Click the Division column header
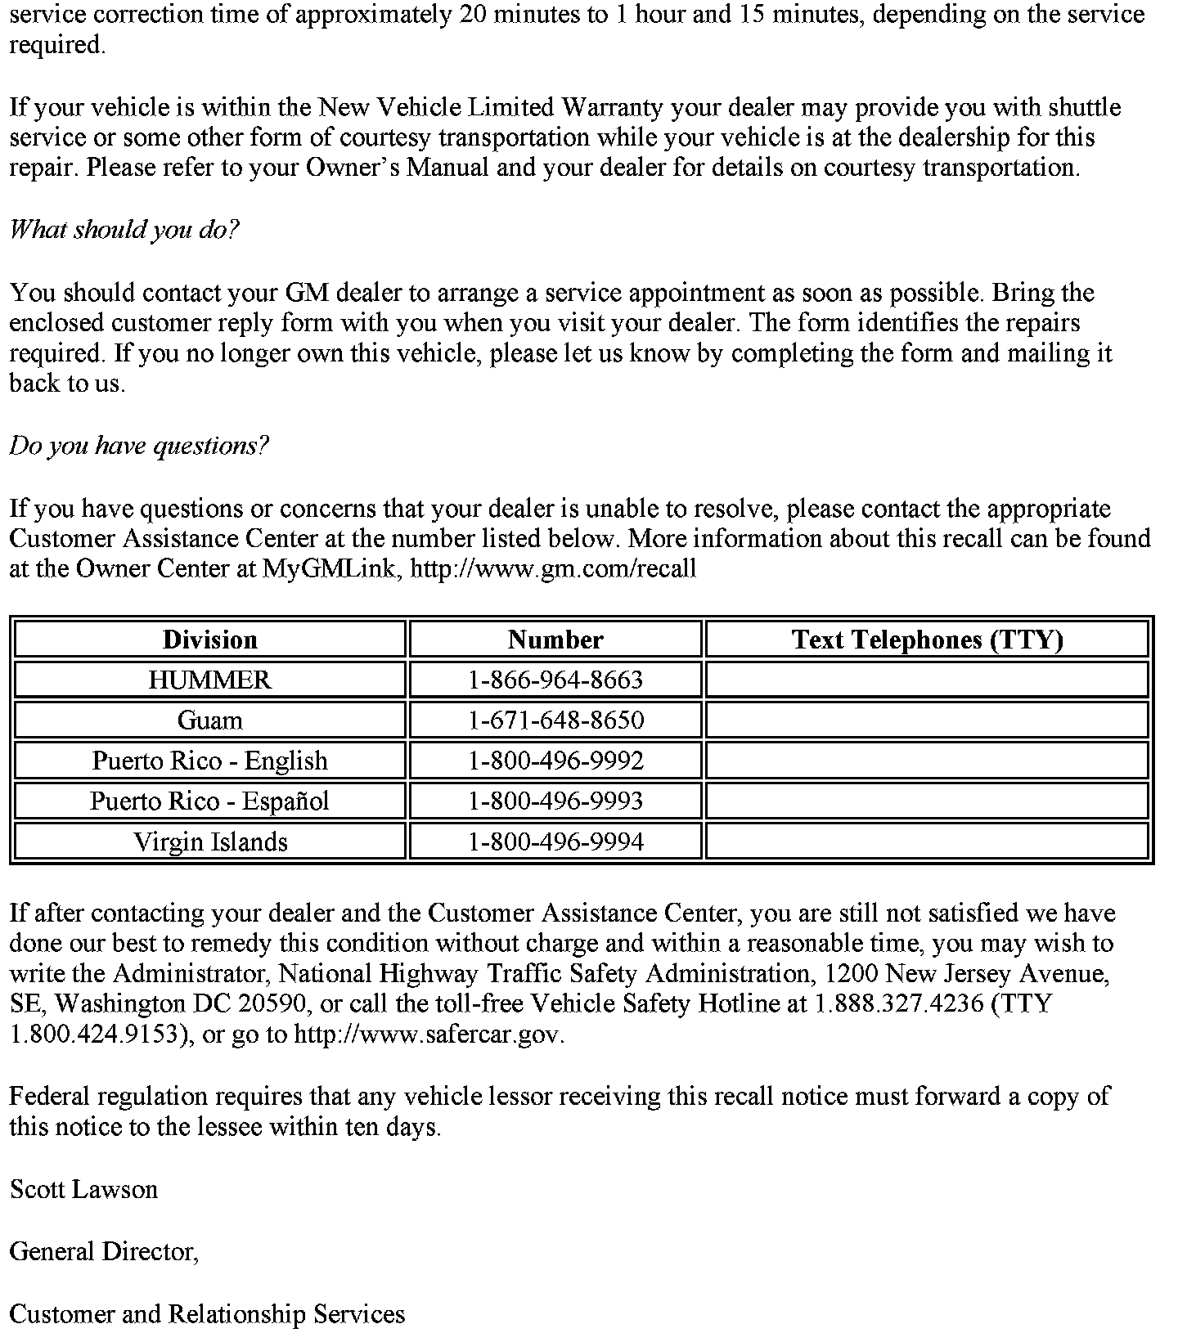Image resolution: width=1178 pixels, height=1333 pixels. point(210,640)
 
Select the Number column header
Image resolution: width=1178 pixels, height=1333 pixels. point(555,640)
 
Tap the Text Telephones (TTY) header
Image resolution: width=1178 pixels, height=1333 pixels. point(927,640)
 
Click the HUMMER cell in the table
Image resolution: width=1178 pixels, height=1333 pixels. point(210,680)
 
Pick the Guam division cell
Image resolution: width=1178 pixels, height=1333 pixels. point(210,720)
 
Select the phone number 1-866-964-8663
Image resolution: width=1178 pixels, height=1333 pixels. point(555,680)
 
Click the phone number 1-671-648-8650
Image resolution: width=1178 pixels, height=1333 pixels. point(555,720)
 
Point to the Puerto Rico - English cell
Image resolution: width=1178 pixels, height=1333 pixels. point(210,761)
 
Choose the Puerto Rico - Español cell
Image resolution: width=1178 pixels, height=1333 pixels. point(210,801)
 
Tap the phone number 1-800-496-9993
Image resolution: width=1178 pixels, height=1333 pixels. point(555,801)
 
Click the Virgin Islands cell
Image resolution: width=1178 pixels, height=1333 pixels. point(210,842)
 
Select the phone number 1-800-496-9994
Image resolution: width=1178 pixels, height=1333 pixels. point(555,842)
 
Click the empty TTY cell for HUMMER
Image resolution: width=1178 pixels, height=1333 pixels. point(927,680)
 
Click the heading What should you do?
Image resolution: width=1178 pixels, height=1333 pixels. point(124,230)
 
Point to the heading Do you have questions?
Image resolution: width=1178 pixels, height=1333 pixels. point(138,446)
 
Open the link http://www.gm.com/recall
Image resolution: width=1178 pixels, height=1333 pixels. point(553,569)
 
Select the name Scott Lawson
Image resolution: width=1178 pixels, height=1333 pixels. point(83,1189)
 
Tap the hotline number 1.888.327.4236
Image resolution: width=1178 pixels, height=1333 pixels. point(899,1004)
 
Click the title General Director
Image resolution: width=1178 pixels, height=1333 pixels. point(104,1251)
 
